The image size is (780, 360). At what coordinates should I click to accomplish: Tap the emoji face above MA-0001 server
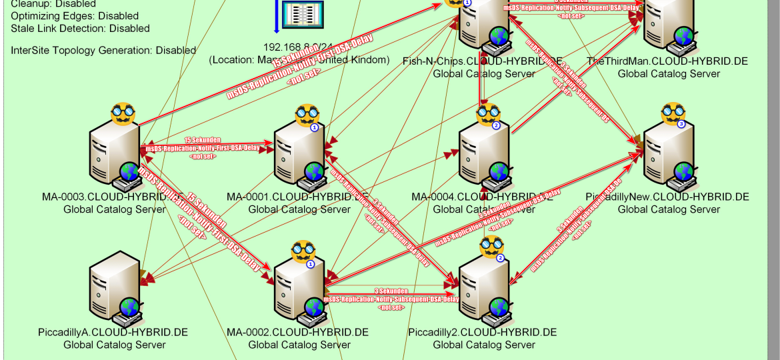pos(305,115)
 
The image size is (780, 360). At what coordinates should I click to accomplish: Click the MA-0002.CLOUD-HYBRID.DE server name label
pos(297,332)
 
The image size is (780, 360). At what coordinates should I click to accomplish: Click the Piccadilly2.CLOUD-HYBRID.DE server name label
pos(483,332)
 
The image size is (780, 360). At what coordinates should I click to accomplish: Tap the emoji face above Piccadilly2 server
pos(490,247)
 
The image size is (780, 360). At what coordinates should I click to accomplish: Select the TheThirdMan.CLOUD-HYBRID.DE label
pos(667,61)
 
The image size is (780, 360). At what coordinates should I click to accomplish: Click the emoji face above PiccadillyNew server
pos(672,115)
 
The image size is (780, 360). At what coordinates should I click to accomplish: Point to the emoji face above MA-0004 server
pos(488,115)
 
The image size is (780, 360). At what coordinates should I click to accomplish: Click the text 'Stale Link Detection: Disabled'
pos(80,29)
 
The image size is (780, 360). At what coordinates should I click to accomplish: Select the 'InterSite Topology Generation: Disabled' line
pos(103,50)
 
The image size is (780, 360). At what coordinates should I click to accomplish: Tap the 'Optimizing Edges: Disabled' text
pos(75,16)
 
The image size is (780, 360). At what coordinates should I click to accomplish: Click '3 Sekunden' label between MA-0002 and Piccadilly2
pos(391,291)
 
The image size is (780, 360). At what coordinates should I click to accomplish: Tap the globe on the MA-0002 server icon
pos(314,307)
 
